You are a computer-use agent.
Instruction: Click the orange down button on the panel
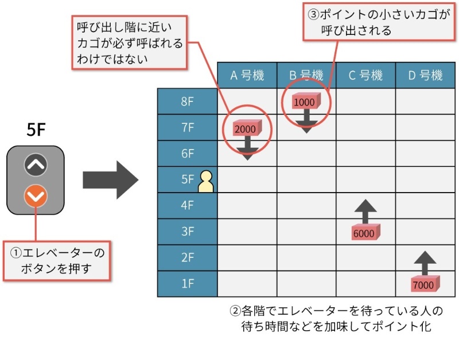click(36, 197)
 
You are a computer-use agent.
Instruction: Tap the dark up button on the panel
click(36, 166)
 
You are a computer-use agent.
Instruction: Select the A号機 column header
click(247, 75)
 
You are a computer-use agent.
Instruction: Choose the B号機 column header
click(306, 75)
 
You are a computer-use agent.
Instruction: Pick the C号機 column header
click(365, 75)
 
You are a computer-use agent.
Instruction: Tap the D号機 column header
click(425, 75)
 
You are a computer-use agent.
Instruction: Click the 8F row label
click(188, 102)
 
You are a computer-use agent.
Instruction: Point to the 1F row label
click(188, 284)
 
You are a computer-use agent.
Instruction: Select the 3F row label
click(188, 232)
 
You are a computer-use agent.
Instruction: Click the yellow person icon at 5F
click(205, 182)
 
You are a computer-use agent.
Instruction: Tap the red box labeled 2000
click(246, 128)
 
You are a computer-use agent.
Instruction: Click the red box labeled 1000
click(305, 101)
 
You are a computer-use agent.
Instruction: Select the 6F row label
click(188, 154)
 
